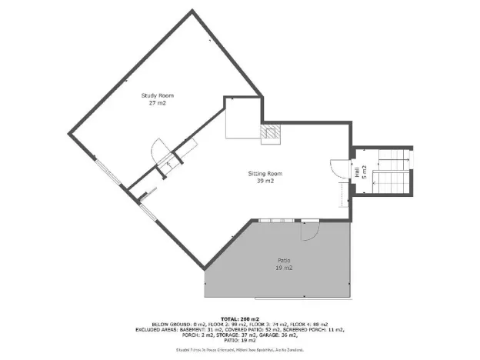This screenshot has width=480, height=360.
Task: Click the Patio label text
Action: (284, 262)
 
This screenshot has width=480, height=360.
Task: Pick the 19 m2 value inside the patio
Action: (284, 268)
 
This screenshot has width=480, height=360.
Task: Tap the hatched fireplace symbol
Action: (272, 135)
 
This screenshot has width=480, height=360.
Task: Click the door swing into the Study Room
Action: (158, 149)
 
